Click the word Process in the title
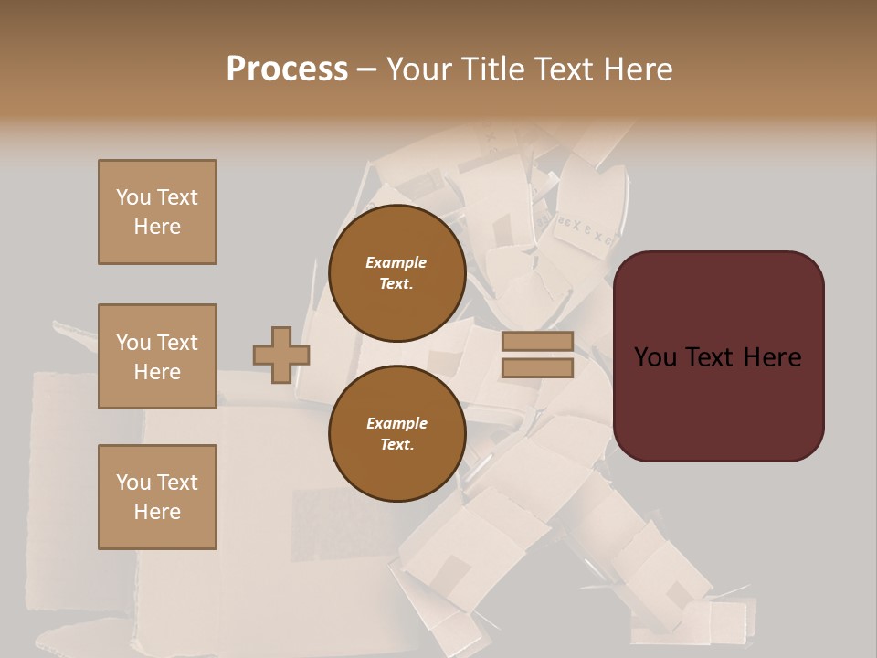click(x=287, y=69)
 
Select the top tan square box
click(x=157, y=212)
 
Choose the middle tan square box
click(x=157, y=356)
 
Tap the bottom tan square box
click(x=157, y=497)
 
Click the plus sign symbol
click(x=281, y=355)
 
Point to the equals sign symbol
click(x=537, y=355)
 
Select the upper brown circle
click(x=396, y=273)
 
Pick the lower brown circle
click(x=396, y=433)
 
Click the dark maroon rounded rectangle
click(x=718, y=356)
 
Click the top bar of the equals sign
click(x=537, y=342)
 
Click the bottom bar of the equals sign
click(x=537, y=367)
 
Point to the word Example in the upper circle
click(x=396, y=262)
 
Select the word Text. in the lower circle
click(x=396, y=444)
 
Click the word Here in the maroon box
click(x=771, y=357)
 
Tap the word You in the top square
click(x=133, y=197)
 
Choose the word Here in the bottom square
click(x=157, y=512)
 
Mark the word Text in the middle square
click(x=176, y=343)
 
